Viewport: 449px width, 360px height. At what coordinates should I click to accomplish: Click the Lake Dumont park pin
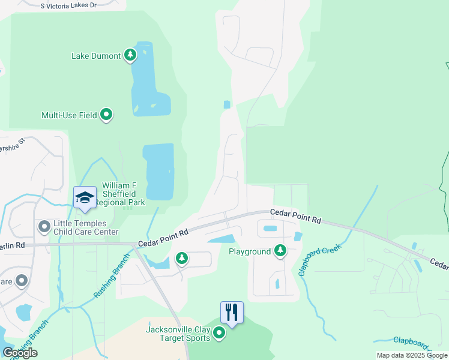point(130,56)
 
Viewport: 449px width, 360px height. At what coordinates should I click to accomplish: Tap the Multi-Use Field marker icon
point(106,114)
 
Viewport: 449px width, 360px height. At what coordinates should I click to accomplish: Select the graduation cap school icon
point(85,198)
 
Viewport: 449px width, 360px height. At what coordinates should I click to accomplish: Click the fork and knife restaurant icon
point(232,313)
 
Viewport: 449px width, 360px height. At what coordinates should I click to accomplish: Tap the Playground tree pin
point(280,250)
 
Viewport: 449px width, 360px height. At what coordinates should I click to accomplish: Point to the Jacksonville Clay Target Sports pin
point(219,333)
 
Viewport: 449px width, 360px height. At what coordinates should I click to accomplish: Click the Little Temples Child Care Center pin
point(44,227)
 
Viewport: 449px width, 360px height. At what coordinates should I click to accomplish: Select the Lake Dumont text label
point(96,56)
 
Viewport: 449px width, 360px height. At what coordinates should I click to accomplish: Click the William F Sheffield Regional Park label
point(124,194)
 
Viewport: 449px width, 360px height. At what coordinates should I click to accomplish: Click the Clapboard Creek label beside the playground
point(320,259)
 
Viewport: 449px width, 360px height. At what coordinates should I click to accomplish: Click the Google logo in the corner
point(20,353)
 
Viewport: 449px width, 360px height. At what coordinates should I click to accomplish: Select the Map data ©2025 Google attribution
point(412,355)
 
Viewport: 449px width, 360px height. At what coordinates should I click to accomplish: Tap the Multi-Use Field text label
point(69,115)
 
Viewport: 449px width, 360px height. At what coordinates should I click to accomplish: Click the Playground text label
point(250,251)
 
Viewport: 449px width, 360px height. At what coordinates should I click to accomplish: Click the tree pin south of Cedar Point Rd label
point(181,259)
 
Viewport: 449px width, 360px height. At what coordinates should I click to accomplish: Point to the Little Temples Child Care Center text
point(86,227)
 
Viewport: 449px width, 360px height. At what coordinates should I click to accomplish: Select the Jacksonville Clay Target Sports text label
point(178,334)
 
